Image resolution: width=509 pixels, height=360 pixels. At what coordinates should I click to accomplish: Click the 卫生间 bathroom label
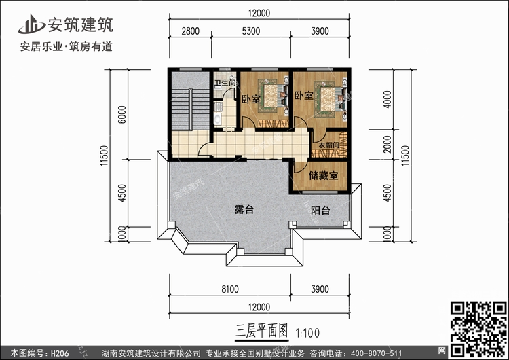point(225,83)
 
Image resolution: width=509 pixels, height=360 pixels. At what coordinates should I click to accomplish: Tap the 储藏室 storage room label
point(323,176)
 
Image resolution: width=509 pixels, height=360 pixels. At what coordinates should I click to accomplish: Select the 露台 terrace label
point(244,210)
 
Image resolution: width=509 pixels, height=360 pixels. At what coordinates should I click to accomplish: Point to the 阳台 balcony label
point(320,210)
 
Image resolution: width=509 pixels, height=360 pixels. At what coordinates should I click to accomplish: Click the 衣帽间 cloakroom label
point(329,145)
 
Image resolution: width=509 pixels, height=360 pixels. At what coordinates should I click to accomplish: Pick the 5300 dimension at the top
point(251,31)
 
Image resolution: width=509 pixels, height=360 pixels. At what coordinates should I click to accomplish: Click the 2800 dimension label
point(190,31)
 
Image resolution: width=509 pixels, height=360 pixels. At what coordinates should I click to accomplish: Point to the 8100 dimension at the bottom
point(230,289)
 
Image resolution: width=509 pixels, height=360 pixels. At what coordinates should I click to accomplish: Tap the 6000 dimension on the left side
point(121,114)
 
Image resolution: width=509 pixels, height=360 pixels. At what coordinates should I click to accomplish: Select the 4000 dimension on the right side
point(388,99)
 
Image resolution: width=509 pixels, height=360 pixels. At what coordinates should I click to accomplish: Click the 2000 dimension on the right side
point(388,144)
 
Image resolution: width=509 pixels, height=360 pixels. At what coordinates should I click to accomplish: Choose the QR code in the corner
point(479,329)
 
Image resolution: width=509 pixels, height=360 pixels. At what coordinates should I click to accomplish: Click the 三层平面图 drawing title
point(262,331)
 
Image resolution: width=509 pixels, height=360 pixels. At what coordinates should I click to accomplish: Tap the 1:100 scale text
point(307,333)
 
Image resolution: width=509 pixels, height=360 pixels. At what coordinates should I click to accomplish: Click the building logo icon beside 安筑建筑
point(31,24)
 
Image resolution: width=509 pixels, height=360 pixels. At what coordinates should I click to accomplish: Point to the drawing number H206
point(60,353)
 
